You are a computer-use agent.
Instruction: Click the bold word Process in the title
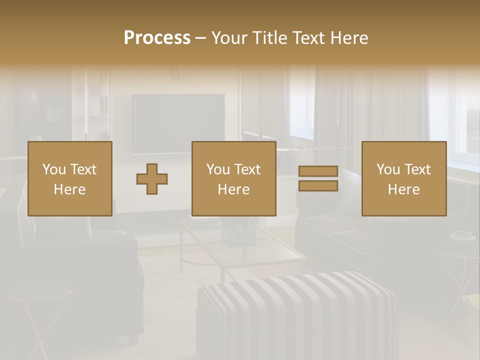click(x=157, y=38)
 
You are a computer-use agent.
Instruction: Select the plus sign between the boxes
click(x=152, y=178)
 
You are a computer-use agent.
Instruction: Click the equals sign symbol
click(x=318, y=178)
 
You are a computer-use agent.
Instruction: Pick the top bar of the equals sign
click(x=318, y=171)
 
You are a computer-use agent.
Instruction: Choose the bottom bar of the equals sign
click(x=318, y=186)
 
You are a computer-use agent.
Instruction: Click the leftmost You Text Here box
click(x=69, y=178)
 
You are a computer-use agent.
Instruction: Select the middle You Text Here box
click(x=233, y=178)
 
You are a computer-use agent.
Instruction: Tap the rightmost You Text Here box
click(x=403, y=178)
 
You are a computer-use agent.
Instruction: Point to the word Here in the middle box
click(x=233, y=189)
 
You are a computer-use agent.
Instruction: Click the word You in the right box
click(x=388, y=169)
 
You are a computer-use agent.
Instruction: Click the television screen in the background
click(x=177, y=120)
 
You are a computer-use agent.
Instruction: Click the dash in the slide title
click(x=201, y=38)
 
